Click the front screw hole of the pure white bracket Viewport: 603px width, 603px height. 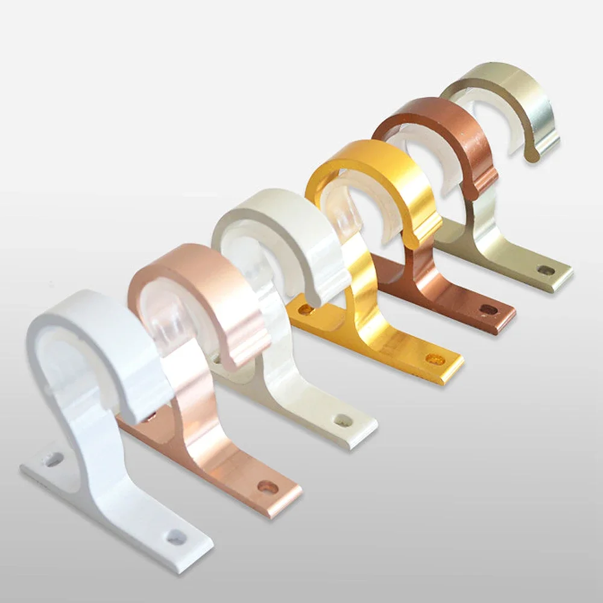(176, 535)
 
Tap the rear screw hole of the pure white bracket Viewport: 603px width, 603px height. (54, 460)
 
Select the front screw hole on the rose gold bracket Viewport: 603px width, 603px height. (267, 486)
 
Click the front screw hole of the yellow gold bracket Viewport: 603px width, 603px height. (435, 359)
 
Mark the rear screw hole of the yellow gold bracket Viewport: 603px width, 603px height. (306, 310)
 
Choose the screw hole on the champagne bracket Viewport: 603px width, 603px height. (546, 271)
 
